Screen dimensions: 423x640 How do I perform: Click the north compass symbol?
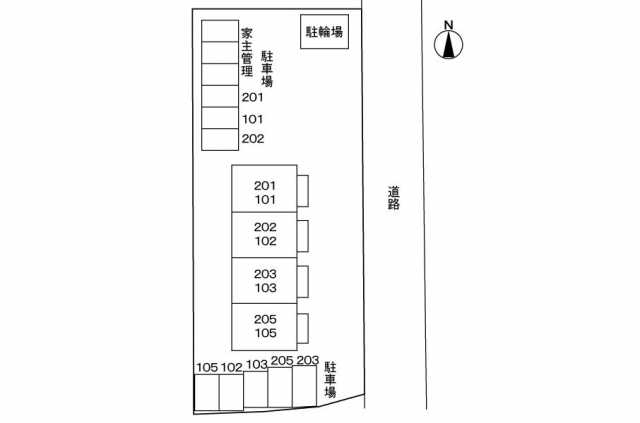click(449, 41)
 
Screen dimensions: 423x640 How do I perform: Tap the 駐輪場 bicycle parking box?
click(324, 32)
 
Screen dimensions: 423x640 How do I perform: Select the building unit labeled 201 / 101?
click(264, 189)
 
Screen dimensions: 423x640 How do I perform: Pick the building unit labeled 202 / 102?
click(264, 235)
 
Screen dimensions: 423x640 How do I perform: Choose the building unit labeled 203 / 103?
click(264, 281)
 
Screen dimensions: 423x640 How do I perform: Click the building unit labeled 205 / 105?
click(264, 326)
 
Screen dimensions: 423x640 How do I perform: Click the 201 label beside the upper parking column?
click(252, 97)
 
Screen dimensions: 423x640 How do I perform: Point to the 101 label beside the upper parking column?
click(252, 118)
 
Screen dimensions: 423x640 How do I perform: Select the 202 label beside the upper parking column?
click(252, 138)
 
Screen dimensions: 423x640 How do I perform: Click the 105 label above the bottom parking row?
click(206, 367)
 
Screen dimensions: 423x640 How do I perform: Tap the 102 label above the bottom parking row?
click(231, 367)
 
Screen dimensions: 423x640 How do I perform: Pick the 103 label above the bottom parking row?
click(256, 365)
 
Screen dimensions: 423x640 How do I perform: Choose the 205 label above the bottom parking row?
click(281, 361)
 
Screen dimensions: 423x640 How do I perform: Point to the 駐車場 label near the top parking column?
click(267, 70)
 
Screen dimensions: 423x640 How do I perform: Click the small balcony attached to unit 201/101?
click(302, 189)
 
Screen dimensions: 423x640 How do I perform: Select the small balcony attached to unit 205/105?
click(302, 327)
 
